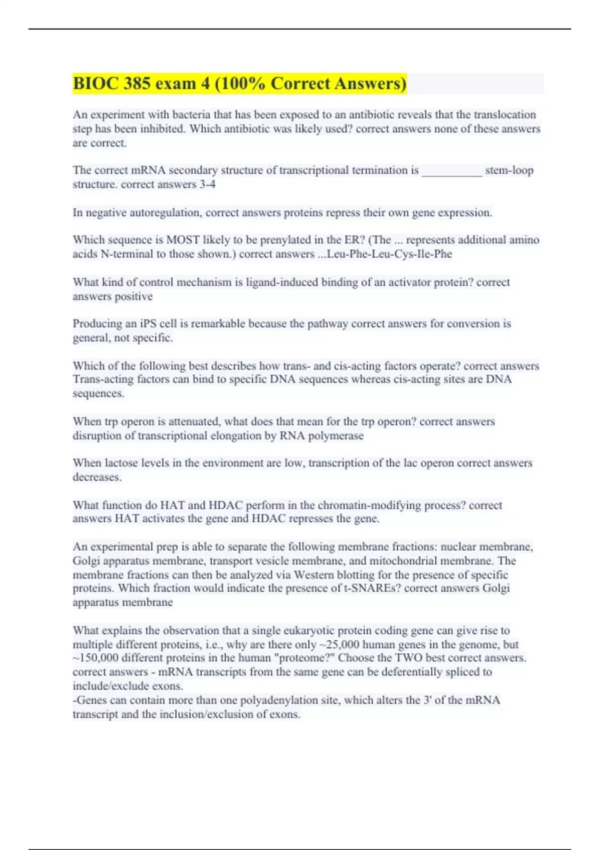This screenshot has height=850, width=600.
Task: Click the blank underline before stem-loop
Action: [452, 170]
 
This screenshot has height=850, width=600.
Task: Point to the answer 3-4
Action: [207, 184]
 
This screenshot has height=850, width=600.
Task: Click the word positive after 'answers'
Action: [133, 296]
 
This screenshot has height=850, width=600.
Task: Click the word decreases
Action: [97, 477]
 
